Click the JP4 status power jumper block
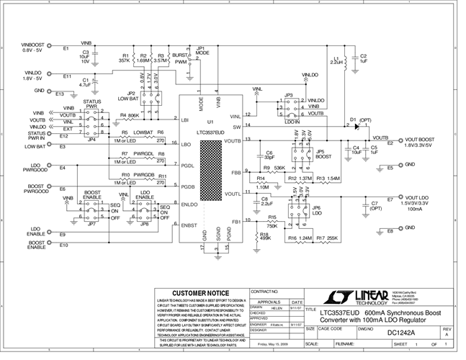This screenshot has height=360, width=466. [x=91, y=123]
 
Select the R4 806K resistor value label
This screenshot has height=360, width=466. [x=133, y=115]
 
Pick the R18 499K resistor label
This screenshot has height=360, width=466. [x=265, y=237]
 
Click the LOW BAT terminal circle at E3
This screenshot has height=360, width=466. [x=78, y=146]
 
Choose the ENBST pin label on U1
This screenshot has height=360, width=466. [x=189, y=226]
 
